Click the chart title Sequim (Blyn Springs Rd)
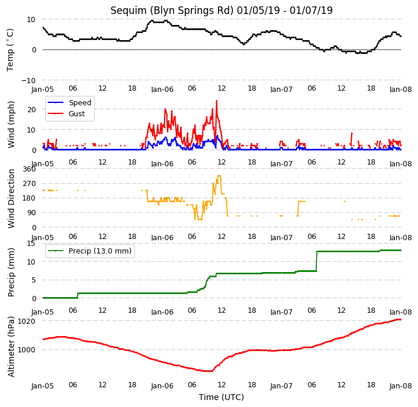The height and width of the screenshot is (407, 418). point(172,10)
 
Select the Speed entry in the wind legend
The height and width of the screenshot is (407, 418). point(80,102)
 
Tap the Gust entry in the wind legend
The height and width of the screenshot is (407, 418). point(77,114)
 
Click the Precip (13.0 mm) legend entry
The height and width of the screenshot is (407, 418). point(100,251)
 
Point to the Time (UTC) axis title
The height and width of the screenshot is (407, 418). point(221,397)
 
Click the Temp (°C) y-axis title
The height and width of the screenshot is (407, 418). point(10,50)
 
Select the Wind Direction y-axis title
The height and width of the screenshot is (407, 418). point(11,198)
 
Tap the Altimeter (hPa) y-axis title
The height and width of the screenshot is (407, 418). point(11,347)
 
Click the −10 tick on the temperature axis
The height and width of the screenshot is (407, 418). point(28,80)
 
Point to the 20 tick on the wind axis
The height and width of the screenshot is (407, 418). point(31,109)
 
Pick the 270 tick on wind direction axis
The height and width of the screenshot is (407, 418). point(29,184)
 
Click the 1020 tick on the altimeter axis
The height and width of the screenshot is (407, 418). point(26,322)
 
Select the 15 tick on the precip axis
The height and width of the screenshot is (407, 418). point(31,244)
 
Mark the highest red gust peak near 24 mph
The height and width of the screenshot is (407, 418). point(216,101)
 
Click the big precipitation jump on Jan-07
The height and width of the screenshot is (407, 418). point(317,261)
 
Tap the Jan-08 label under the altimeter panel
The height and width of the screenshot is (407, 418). point(401,386)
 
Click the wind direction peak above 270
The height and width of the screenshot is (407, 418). point(219,176)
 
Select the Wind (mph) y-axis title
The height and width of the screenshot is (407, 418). point(11,124)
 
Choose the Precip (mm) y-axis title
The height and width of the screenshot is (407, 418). point(11,272)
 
